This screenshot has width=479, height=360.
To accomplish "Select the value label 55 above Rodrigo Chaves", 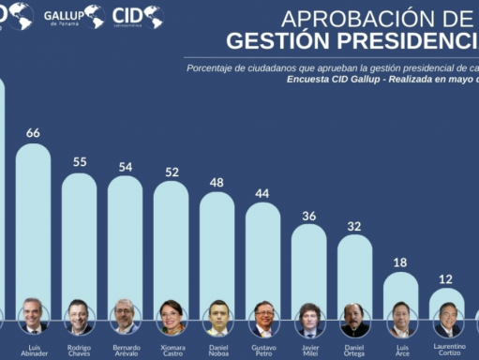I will pyautogui.click(x=80, y=162).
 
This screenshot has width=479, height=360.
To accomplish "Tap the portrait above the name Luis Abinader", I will pyautogui.click(x=33, y=317).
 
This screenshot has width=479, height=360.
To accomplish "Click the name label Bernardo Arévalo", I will pyautogui.click(x=126, y=351).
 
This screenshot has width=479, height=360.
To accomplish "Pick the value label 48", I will pyautogui.click(x=217, y=182).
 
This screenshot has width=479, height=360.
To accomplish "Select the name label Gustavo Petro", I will pyautogui.click(x=263, y=351).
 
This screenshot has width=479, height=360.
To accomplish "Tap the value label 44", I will pyautogui.click(x=262, y=193).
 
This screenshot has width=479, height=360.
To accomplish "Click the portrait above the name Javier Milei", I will pyautogui.click(x=308, y=319).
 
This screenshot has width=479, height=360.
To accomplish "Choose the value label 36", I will pyautogui.click(x=308, y=216).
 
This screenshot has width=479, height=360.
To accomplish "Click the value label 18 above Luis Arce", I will pyautogui.click(x=400, y=263).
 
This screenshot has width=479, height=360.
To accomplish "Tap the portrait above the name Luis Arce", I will pyautogui.click(x=400, y=319).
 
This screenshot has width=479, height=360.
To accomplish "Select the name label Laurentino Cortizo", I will pyautogui.click(x=448, y=351).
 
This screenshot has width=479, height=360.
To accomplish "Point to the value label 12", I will pyautogui.click(x=446, y=279).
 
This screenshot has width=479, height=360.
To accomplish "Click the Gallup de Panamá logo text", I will pyautogui.click(x=63, y=16).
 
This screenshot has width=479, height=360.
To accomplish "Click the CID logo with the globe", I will pyautogui.click(x=137, y=16).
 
